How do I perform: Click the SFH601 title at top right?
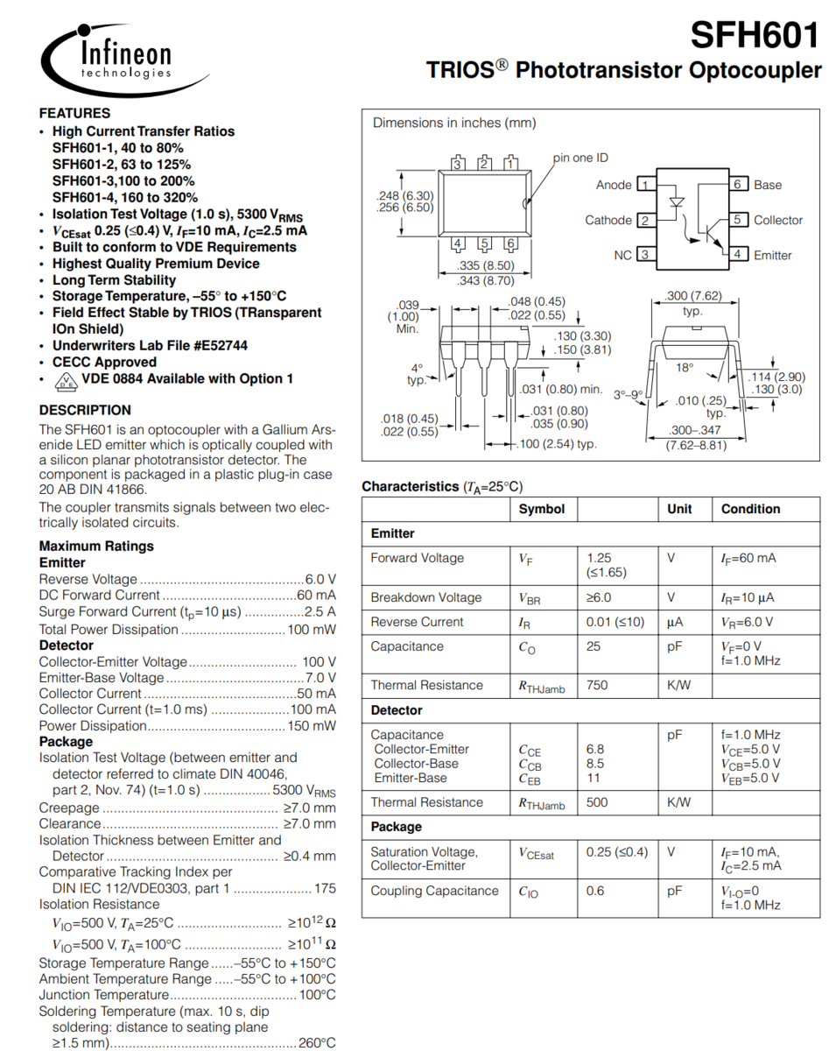coord(755,35)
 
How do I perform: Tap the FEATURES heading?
coord(74,113)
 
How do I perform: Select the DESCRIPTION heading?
coord(85,410)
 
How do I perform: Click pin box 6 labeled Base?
coord(738,185)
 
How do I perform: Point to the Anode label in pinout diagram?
coord(614,185)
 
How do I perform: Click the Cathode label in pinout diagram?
coord(608,220)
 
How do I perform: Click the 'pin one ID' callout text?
coord(580,158)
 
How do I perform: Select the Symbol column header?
coord(542,509)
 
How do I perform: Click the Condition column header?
coord(750,509)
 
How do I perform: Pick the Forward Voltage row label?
coord(418,559)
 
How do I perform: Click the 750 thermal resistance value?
coord(597,686)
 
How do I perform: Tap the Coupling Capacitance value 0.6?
coord(595,891)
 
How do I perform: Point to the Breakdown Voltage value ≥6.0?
coord(599,597)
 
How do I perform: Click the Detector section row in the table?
coord(397,710)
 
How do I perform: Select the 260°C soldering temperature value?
coord(317,1043)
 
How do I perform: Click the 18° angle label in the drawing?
coord(685,368)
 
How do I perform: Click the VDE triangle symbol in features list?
coord(65,380)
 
